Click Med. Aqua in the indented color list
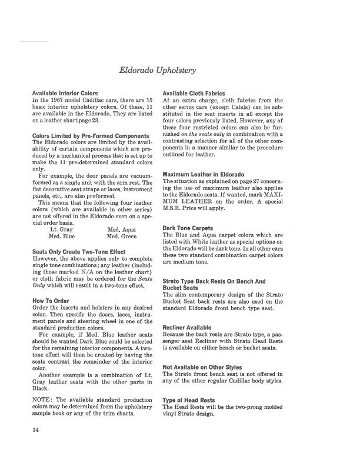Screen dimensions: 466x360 tap(122, 229)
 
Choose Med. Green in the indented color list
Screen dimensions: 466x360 tap(122, 237)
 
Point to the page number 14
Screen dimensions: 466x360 tap(36, 445)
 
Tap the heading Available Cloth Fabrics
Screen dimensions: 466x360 tap(194, 93)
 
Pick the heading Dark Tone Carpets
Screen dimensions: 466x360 tap(188, 228)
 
